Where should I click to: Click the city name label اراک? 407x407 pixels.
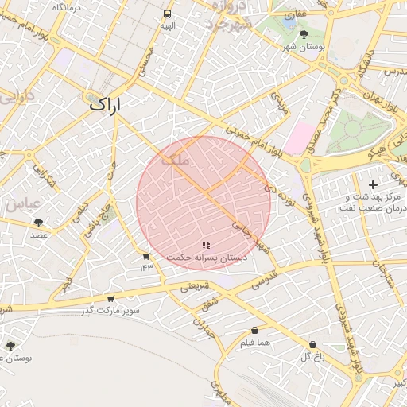pyautogui.click(x=103, y=104)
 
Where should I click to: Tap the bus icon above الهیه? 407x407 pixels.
pyautogui.click(x=167, y=14)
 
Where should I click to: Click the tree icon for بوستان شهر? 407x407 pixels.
pyautogui.click(x=304, y=34)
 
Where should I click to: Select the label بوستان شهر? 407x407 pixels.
pyautogui.click(x=304, y=47)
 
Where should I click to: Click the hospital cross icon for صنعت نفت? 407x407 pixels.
pyautogui.click(x=373, y=185)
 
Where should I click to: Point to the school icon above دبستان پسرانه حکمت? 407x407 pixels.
pyautogui.click(x=206, y=246)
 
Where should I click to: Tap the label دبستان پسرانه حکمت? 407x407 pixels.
pyautogui.click(x=207, y=258)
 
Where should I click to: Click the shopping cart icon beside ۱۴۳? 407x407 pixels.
pyautogui.click(x=146, y=257)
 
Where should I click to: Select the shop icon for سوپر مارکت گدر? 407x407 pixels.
pyautogui.click(x=110, y=298)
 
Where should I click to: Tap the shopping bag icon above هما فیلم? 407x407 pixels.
pyautogui.click(x=254, y=330)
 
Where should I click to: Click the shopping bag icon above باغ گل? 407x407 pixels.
pyautogui.click(x=313, y=345)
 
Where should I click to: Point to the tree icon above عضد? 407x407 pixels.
pyautogui.click(x=39, y=223)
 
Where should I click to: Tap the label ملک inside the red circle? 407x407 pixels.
pyautogui.click(x=176, y=160)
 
